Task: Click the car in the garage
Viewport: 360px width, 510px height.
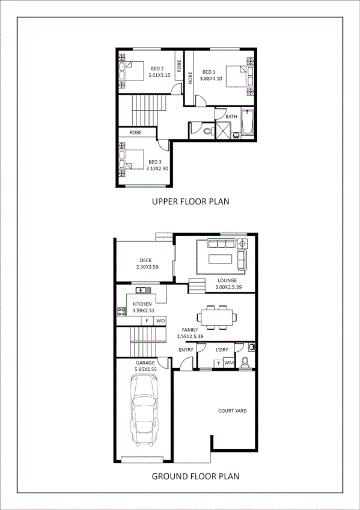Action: (144, 411)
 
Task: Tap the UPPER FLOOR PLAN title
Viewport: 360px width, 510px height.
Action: (190, 201)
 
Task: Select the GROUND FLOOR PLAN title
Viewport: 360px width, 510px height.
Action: (195, 476)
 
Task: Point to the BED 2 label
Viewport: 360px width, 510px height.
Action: (158, 68)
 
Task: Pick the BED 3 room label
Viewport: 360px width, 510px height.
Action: (155, 161)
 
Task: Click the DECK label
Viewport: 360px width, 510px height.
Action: (144, 261)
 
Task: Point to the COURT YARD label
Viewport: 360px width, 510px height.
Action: (233, 411)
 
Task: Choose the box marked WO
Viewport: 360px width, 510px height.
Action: (160, 321)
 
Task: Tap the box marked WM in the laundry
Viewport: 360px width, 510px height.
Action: (228, 363)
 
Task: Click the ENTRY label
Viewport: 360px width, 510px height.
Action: (186, 350)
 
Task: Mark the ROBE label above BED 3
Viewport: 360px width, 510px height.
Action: (136, 132)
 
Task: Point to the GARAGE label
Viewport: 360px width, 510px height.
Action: (145, 363)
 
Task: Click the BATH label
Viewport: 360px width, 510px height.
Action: (231, 116)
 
